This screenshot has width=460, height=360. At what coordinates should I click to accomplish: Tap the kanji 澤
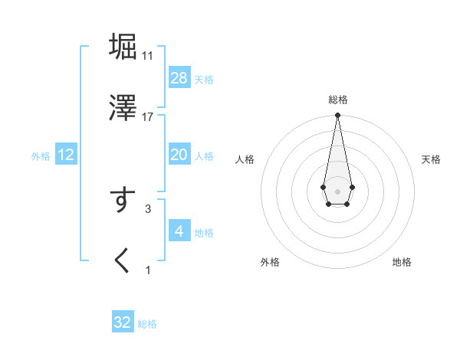coord(123,108)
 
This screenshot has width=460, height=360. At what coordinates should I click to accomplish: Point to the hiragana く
coord(123,260)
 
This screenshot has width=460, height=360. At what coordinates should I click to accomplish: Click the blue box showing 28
coord(179,77)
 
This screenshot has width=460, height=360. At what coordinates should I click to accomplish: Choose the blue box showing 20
coord(179,155)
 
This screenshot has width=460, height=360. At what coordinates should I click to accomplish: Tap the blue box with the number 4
coord(179,231)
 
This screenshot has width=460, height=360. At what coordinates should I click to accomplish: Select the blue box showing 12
coord(66,155)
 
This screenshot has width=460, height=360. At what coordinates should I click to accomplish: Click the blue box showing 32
coord(123,322)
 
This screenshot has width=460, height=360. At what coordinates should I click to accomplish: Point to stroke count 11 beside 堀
coord(148,55)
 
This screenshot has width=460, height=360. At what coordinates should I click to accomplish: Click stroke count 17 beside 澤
coord(148,116)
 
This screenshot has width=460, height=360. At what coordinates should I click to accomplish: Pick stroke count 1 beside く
coord(148,270)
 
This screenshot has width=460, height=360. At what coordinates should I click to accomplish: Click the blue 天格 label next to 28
coord(204,79)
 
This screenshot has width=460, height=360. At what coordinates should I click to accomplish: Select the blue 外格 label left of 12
coord(41,156)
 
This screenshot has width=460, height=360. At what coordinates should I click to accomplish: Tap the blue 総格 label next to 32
coord(147,324)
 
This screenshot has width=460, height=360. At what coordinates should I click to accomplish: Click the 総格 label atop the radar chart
coord(337,100)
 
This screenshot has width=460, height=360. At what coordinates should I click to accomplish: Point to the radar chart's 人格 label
coord(245,159)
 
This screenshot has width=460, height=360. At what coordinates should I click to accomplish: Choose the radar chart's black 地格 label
coord(402,262)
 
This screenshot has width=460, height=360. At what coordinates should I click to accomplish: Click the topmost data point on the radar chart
coord(337,116)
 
